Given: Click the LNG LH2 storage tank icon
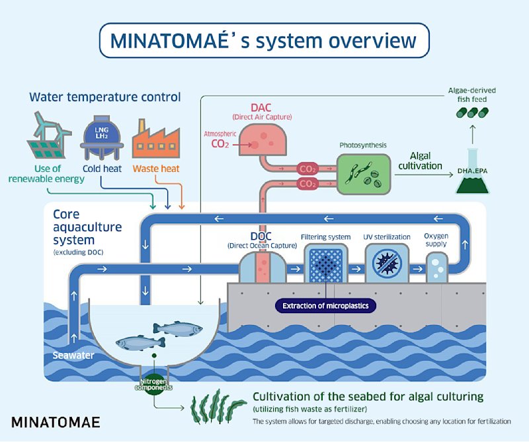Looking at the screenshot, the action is (102, 137).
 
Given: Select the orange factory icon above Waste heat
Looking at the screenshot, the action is (156, 139).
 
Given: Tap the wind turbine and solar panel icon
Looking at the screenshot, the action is (49, 135).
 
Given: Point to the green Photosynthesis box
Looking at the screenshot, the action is (364, 174).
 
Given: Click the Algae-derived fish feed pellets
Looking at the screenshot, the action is (472, 112).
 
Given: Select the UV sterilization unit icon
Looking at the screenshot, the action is (387, 263).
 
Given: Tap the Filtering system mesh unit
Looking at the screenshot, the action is (325, 264).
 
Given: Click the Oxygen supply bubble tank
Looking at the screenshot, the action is (436, 268).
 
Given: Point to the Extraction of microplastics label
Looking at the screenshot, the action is (325, 306).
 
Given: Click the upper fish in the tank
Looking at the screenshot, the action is (178, 329).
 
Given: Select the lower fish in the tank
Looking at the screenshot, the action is (140, 343).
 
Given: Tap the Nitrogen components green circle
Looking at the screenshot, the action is (154, 385).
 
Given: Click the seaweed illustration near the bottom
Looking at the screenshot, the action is (218, 407).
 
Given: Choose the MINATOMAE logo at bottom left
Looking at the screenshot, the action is (56, 422).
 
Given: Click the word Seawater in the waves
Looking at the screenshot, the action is (73, 355).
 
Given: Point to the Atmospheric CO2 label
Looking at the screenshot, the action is (220, 139).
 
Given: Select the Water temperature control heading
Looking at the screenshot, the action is (105, 97).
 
